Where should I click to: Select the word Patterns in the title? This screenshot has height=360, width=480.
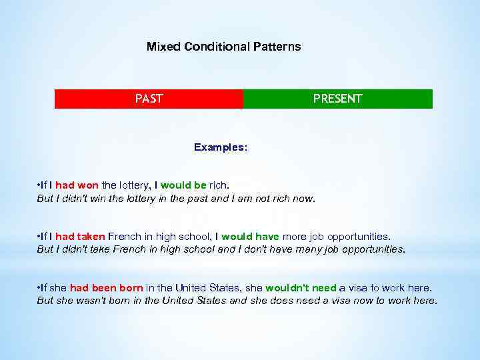[x=276, y=47]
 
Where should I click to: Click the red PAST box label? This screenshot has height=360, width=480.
[x=149, y=99]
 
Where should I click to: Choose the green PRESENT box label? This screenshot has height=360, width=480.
[x=337, y=99]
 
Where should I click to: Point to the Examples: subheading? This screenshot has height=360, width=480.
[x=220, y=147]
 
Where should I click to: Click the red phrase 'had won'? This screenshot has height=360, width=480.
[x=77, y=185]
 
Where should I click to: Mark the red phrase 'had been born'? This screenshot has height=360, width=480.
[x=106, y=288]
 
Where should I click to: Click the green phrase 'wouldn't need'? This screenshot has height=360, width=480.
[x=301, y=288]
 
